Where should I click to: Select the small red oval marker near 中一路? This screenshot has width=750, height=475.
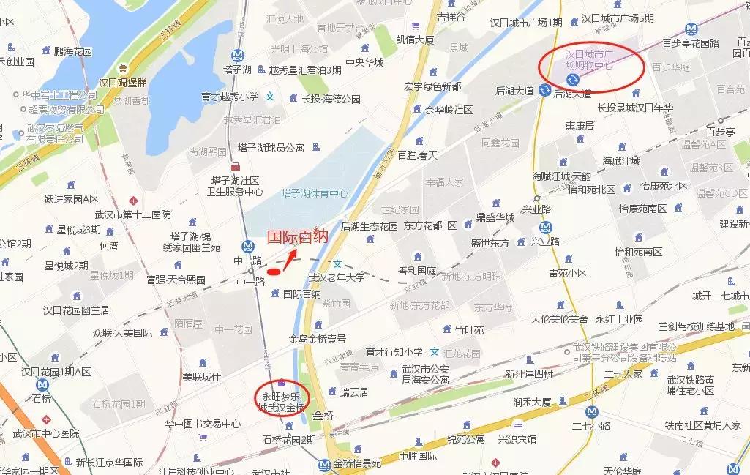tap(274, 272)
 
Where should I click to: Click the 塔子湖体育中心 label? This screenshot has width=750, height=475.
tap(315, 193)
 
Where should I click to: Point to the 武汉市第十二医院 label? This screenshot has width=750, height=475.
tap(132, 214)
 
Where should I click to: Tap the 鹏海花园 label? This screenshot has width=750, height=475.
tap(73, 51)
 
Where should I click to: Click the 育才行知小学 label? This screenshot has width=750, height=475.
tap(394, 352)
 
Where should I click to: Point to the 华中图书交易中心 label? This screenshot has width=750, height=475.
tap(203, 423)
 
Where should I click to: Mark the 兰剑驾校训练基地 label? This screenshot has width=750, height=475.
tap(697, 326)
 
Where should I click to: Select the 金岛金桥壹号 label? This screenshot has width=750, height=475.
tap(317, 339)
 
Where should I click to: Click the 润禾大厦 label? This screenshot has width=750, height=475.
tap(532, 402)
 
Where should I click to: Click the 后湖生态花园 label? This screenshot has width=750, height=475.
tap(369, 226)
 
